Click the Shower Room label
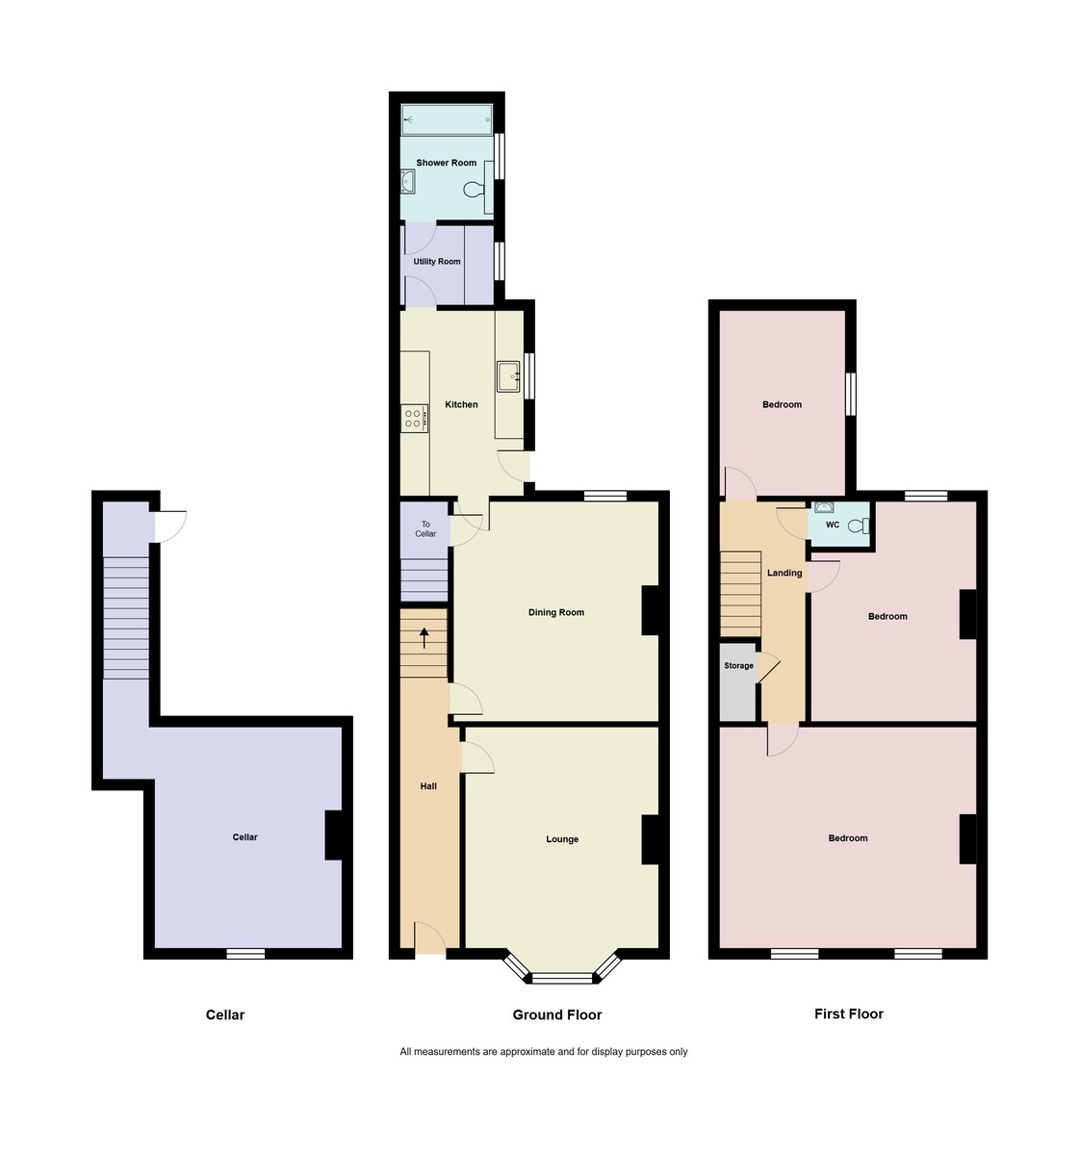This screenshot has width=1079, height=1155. (446, 163)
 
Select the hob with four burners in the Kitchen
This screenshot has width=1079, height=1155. (414, 418)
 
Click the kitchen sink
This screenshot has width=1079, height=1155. (507, 376)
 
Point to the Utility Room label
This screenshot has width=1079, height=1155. (437, 262)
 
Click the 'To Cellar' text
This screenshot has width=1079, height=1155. (425, 528)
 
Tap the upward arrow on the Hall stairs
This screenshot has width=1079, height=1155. (424, 637)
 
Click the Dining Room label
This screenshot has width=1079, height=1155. (555, 612)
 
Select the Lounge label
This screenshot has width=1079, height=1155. (562, 839)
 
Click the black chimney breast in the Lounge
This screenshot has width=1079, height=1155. (650, 839)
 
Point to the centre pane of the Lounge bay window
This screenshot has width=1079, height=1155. (562, 978)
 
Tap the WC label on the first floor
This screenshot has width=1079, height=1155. (833, 525)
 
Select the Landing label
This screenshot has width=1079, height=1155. (784, 573)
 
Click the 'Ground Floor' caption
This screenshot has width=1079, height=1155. (556, 1014)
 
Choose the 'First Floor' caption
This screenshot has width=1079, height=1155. (848, 1014)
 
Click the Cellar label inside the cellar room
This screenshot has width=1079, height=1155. (245, 837)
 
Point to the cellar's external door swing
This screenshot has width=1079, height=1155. (171, 526)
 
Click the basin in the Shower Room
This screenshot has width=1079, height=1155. (408, 182)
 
